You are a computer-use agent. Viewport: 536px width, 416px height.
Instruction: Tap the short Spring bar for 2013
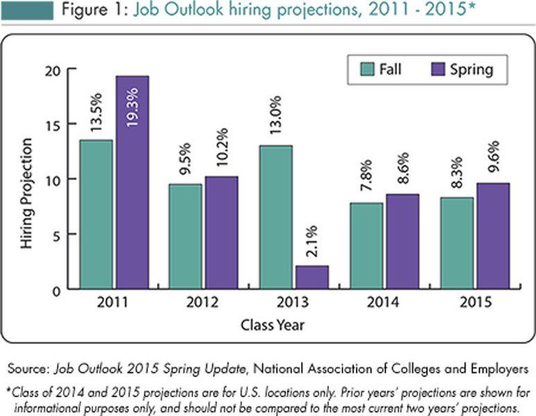tap(312, 277)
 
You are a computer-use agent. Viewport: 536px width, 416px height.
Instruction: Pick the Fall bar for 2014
tap(366, 245)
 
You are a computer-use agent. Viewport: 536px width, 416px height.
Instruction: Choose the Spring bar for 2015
tap(492, 235)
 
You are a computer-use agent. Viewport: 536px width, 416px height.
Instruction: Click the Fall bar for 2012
tap(185, 236)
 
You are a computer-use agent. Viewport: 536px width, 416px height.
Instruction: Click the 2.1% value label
tap(312, 241)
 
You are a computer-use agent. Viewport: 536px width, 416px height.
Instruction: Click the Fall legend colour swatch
tap(367, 70)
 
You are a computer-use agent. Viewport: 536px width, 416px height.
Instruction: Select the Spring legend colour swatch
tap(438, 70)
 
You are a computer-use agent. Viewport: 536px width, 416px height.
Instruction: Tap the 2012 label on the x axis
tap(203, 302)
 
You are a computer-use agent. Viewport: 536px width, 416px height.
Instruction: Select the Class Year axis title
tap(274, 324)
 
